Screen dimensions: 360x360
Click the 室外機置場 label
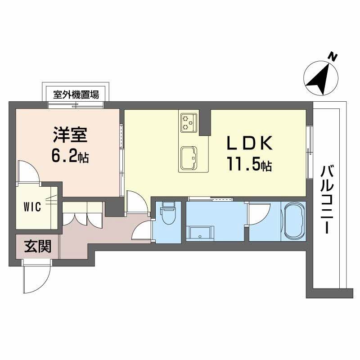pyautogui.click(x=76, y=95)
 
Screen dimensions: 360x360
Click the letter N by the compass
pyautogui.click(x=333, y=57)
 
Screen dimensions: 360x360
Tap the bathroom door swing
pyautogui.click(x=259, y=214)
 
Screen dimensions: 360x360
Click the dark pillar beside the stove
pyautogui.click(x=205, y=121)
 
